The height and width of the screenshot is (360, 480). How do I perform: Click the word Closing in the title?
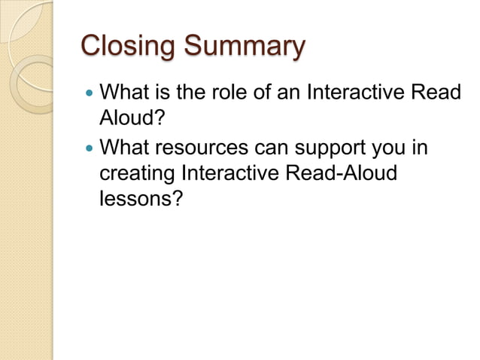click(x=123, y=47)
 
